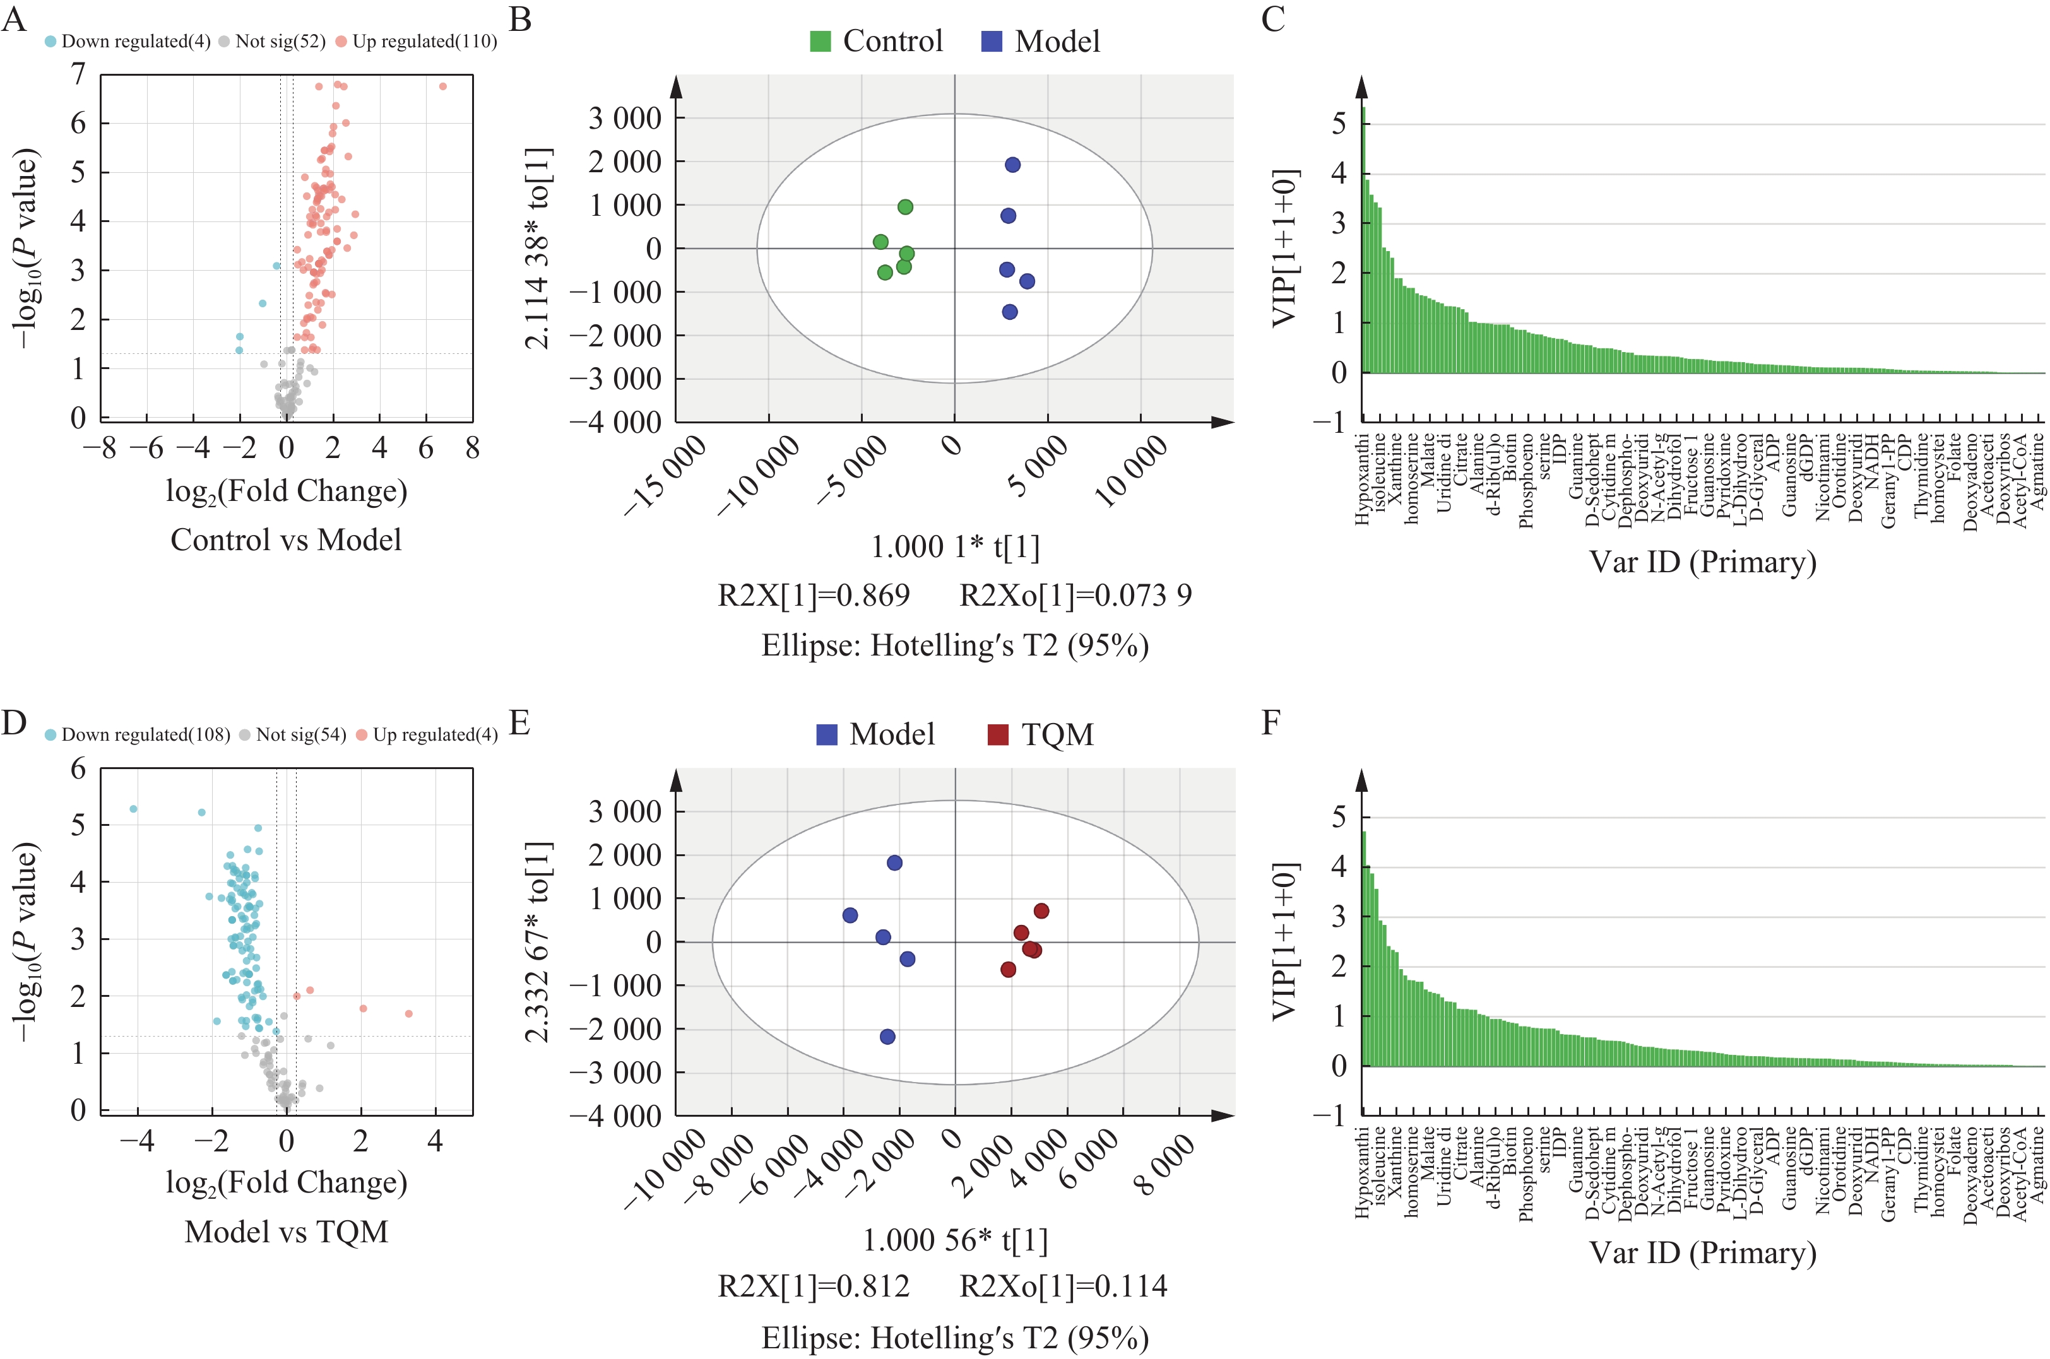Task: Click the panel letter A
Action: (x=14, y=19)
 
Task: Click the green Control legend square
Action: (x=820, y=41)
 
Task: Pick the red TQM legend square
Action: (x=998, y=735)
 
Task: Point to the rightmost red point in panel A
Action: (x=443, y=86)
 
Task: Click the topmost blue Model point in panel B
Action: (x=1012, y=165)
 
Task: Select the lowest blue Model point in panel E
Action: (x=887, y=1037)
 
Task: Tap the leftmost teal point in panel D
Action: (x=133, y=809)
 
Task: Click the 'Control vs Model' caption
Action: (x=286, y=540)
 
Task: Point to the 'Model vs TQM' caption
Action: (x=286, y=1232)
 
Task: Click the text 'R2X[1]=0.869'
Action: (x=814, y=596)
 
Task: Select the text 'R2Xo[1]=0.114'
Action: (x=1064, y=1286)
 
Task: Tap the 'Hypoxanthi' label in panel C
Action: (x=1362, y=479)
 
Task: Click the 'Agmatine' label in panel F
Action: (x=2039, y=1167)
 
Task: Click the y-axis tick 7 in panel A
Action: (x=79, y=76)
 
